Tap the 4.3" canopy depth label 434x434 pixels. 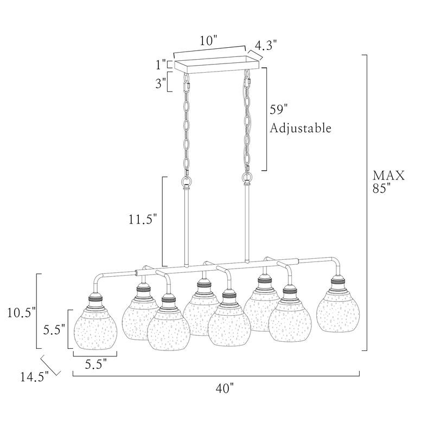[266, 46]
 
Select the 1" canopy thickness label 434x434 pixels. [161, 65]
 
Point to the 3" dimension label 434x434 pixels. [161, 83]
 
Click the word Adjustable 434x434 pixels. [301, 129]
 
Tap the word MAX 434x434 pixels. [388, 175]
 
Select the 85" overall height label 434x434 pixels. [381, 188]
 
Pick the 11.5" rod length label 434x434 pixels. [143, 220]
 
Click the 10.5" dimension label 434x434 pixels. [22, 313]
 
